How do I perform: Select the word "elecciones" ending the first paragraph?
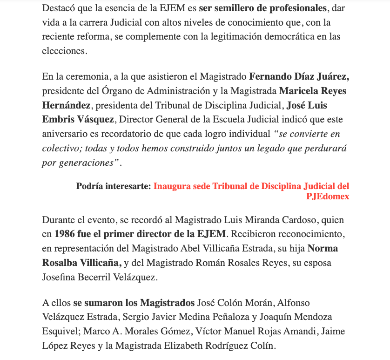[x=64, y=51]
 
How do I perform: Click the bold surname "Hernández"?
[x=66, y=105]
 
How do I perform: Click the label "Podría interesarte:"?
[x=114, y=186]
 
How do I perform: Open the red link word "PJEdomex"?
[x=328, y=197]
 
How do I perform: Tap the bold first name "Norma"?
[x=323, y=248]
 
